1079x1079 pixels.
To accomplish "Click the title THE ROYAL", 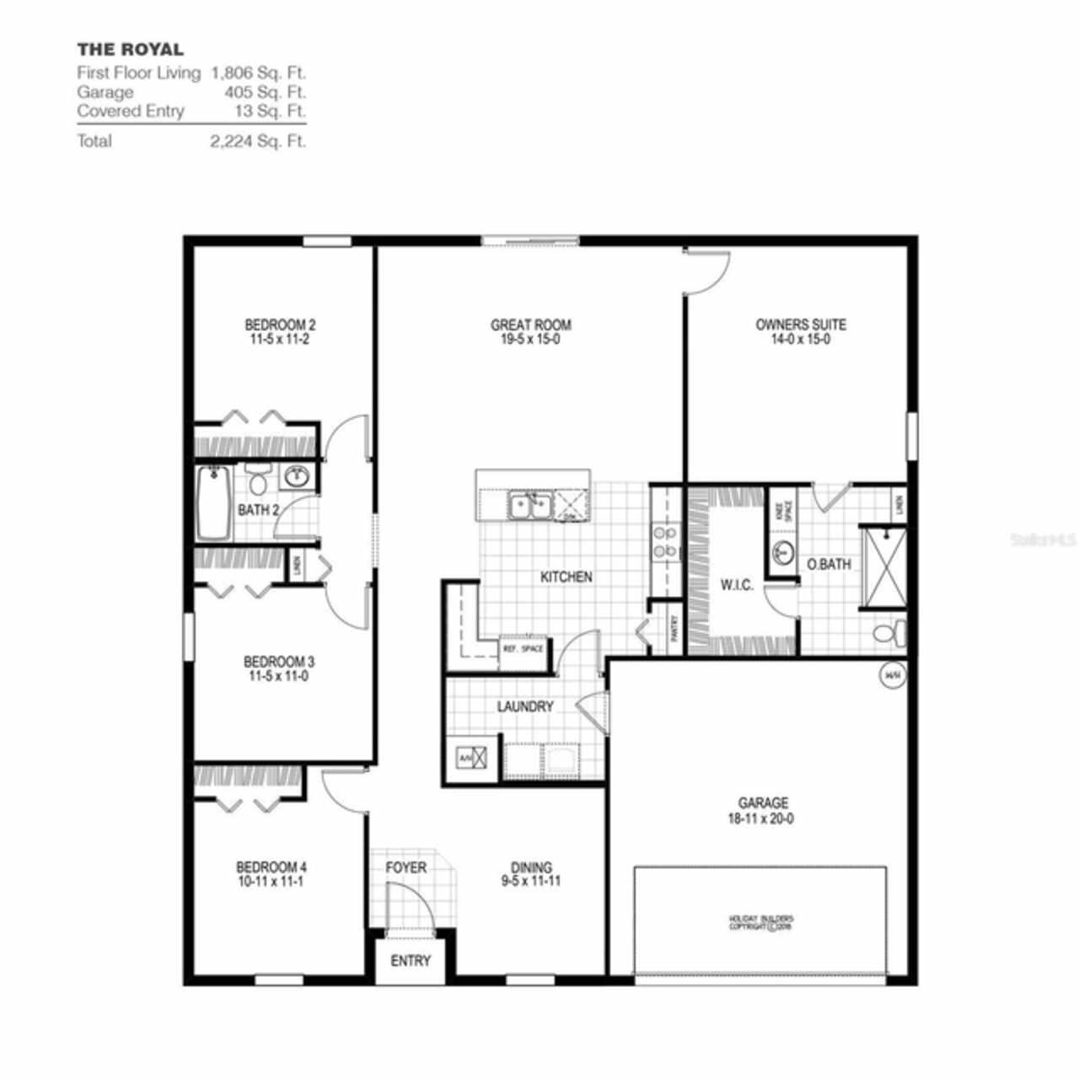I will pyautogui.click(x=130, y=50).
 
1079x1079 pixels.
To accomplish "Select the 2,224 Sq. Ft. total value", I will pyautogui.click(x=258, y=141).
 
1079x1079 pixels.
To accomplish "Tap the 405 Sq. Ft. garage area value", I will pyautogui.click(x=265, y=92).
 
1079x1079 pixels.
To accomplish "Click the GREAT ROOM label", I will pyautogui.click(x=530, y=325).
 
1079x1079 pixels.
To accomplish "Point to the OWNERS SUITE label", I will pyautogui.click(x=800, y=325).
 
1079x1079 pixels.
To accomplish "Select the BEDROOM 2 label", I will pyautogui.click(x=280, y=325).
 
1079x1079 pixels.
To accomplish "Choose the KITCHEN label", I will pyautogui.click(x=566, y=577).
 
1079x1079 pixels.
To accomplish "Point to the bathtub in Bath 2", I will pyautogui.click(x=213, y=503).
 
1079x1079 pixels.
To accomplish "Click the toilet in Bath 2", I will pyautogui.click(x=258, y=481).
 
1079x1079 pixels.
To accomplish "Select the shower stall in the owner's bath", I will pyautogui.click(x=883, y=567).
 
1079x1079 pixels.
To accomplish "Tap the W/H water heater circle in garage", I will pyautogui.click(x=892, y=675).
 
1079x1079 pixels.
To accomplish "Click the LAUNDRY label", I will pyautogui.click(x=524, y=707).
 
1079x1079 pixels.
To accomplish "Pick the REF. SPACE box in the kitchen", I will pyautogui.click(x=523, y=651).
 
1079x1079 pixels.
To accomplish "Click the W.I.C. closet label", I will pyautogui.click(x=736, y=586).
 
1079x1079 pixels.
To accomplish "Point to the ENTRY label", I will pyautogui.click(x=411, y=961).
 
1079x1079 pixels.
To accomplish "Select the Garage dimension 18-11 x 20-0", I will pyautogui.click(x=763, y=819).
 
